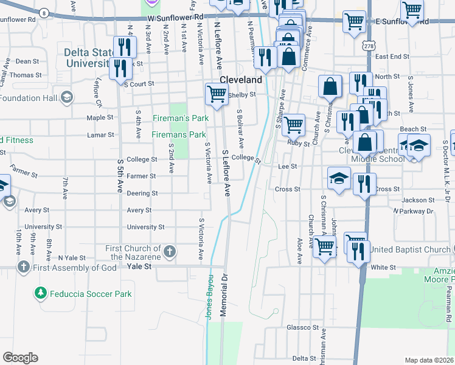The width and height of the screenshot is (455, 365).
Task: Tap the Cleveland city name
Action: pyautogui.click(x=240, y=80)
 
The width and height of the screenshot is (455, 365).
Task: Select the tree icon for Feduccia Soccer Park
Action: pyautogui.click(x=41, y=293)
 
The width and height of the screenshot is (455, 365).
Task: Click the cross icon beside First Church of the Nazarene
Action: pyautogui.click(x=170, y=251)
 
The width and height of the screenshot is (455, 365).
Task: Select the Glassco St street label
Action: pyautogui.click(x=302, y=327)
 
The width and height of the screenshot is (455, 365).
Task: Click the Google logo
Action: pyautogui.click(x=21, y=357)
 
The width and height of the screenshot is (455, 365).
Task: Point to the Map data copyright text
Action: pyautogui.click(x=429, y=360)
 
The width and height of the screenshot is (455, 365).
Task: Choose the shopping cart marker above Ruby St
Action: pyautogui.click(x=293, y=125)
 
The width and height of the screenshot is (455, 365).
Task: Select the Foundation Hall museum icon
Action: pyautogui.click(x=66, y=97)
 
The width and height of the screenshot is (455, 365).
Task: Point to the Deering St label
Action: pyautogui.click(x=142, y=193)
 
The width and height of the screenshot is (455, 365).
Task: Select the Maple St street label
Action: pyautogui.click(x=96, y=117)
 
